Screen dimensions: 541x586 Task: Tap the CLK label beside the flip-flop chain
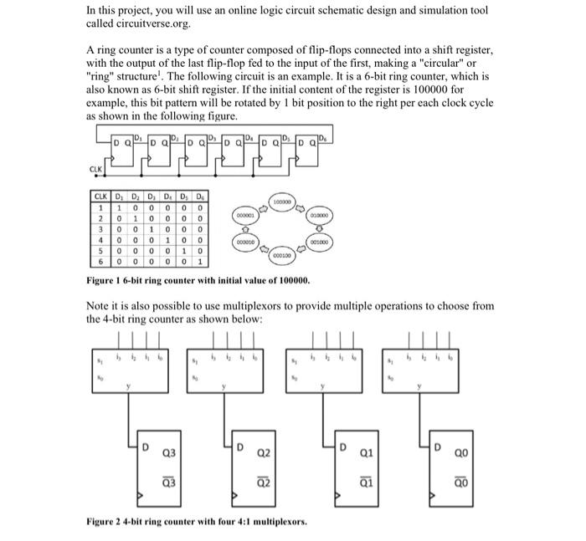tap(95, 168)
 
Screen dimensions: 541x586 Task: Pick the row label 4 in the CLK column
tap(99, 238)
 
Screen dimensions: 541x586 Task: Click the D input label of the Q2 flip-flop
tap(241, 447)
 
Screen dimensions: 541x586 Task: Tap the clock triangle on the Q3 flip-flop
tap(141, 500)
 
